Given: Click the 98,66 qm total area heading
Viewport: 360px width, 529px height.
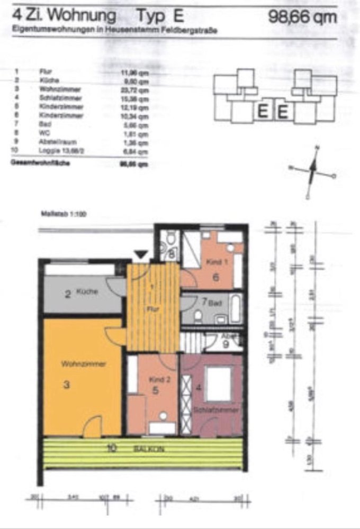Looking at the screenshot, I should pyautogui.click(x=302, y=17).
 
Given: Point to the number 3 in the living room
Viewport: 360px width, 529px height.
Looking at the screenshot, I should pyautogui.click(x=67, y=385).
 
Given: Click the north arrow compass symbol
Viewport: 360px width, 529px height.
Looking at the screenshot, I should pyautogui.click(x=312, y=171).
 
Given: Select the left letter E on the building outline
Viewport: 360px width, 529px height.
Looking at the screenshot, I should pyautogui.click(x=262, y=112).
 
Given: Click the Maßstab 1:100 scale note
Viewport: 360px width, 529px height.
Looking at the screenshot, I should pyautogui.click(x=63, y=215).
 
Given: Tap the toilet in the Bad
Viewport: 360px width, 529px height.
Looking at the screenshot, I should pyautogui.click(x=197, y=316).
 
